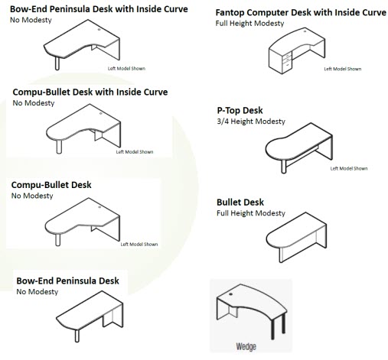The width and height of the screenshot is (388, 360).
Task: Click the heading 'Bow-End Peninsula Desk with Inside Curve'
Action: tap(99, 9)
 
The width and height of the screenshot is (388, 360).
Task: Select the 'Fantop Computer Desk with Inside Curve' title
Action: tap(301, 12)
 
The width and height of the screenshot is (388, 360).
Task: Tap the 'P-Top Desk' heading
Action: tap(240, 110)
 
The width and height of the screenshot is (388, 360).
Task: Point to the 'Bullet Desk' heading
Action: tap(240, 202)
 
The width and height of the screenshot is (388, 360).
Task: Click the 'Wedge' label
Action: tap(246, 346)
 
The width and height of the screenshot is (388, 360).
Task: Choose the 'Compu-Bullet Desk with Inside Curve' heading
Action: tap(90, 92)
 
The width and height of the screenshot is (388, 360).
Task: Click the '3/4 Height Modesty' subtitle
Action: tap(251, 122)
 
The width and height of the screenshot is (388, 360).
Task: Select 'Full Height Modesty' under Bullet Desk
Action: tap(251, 213)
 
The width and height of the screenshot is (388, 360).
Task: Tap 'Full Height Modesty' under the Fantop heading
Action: tap(249, 23)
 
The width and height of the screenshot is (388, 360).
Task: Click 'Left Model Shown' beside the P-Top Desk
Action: tap(349, 168)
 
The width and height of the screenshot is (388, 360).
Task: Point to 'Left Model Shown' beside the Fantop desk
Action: tap(343, 69)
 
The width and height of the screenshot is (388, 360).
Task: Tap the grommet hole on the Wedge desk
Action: tap(230, 294)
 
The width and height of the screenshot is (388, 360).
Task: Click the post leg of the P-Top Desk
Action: tap(283, 167)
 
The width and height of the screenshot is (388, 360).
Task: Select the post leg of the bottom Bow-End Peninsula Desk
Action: tap(77, 336)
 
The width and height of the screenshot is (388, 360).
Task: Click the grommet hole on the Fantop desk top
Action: tap(305, 31)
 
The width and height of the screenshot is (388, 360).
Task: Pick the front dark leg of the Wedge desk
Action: tap(272, 329)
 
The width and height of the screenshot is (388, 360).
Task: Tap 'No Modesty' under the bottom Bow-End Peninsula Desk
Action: tap(37, 292)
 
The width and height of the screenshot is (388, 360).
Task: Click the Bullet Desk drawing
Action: tap(296, 237)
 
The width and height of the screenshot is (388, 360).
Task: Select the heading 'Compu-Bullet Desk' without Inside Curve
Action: tap(51, 185)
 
